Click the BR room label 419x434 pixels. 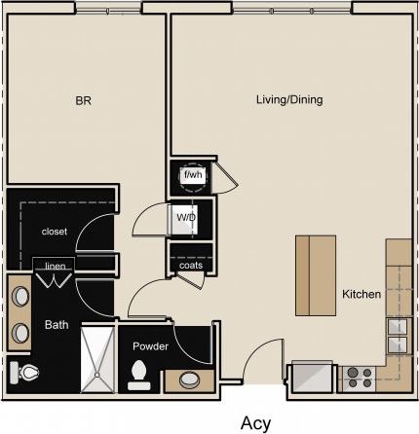[83, 99]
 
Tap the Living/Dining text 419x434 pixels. [289, 99]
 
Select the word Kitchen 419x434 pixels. [361, 294]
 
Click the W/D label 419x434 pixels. [185, 218]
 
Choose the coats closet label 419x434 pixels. [190, 264]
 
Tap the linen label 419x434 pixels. [54, 265]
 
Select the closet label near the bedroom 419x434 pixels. [54, 232]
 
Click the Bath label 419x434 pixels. [56, 325]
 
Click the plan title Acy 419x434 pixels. [255, 421]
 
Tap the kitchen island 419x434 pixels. [316, 275]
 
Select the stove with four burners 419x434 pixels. [357, 377]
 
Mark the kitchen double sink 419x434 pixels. [397, 336]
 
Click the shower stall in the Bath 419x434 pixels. [96, 357]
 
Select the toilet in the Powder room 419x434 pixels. [139, 374]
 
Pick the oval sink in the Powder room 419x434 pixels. [186, 380]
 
